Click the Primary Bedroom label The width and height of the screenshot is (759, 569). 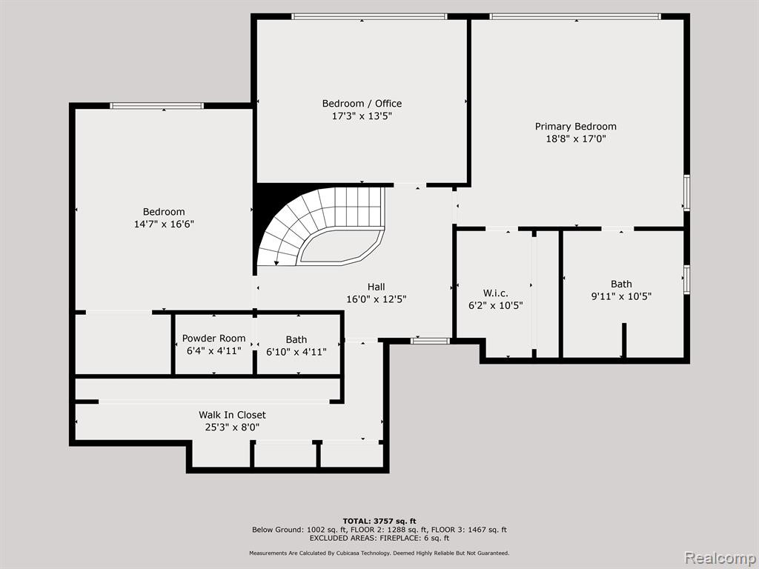[x=575, y=126]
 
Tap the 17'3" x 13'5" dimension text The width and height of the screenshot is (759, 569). [x=362, y=116]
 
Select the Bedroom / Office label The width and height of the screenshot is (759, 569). [x=362, y=104]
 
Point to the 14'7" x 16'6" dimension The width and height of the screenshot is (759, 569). [x=164, y=224]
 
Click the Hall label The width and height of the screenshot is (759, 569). [x=376, y=287]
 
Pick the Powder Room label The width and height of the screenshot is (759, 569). [x=213, y=338]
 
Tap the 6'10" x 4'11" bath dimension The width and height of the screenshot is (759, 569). [x=296, y=352]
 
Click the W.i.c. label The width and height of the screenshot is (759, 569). [x=496, y=293]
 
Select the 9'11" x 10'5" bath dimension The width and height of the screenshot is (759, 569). [x=621, y=296]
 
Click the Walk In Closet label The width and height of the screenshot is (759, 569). [x=232, y=415]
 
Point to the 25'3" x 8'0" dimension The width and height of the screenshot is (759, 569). [x=232, y=427]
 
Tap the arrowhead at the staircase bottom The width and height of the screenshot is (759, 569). [x=276, y=263]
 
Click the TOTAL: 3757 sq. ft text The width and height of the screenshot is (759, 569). [x=379, y=521]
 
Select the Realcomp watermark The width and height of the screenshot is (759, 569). [x=720, y=557]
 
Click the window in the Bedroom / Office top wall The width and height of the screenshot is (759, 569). [x=369, y=16]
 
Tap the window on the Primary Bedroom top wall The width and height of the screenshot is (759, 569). [x=575, y=16]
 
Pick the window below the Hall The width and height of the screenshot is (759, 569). [x=431, y=341]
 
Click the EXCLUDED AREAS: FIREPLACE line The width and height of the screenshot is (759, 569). [x=379, y=538]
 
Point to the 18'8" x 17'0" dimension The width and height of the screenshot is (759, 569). [x=575, y=139]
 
